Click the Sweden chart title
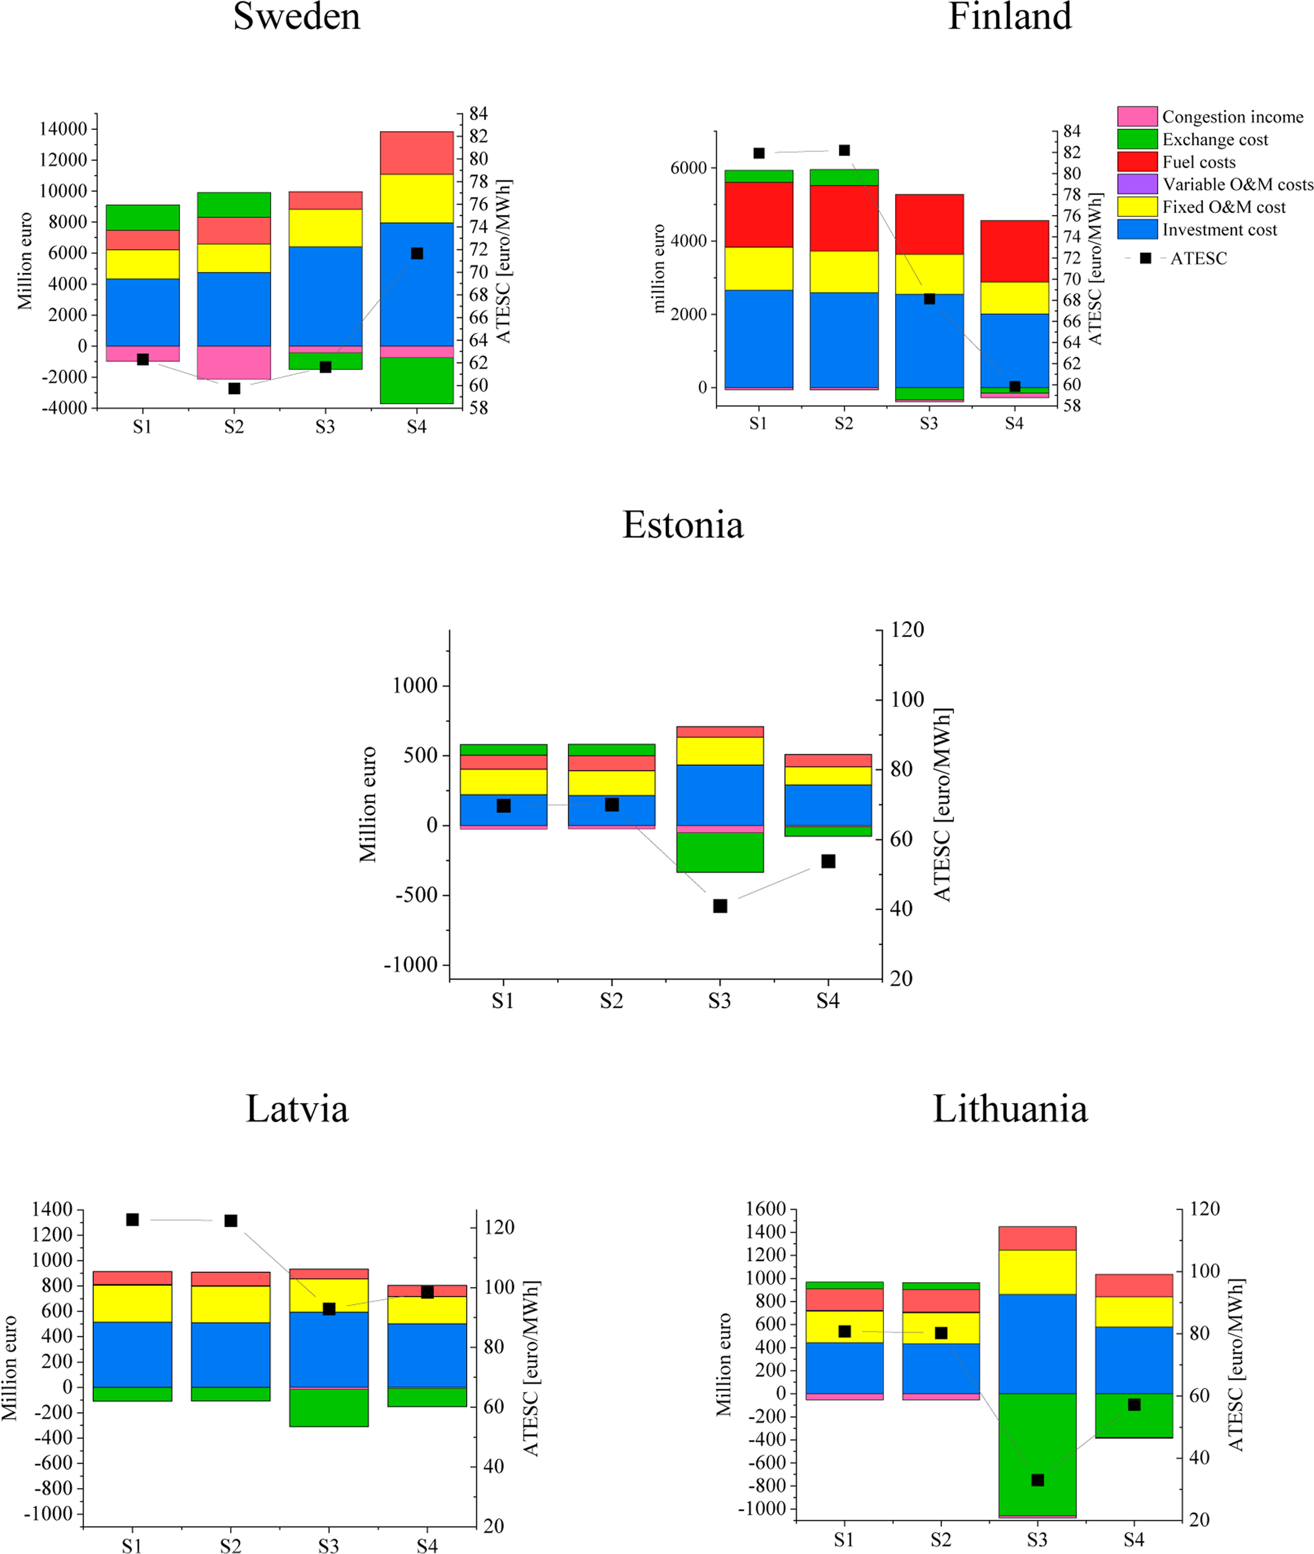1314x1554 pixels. tap(297, 16)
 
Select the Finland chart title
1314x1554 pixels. tap(1010, 16)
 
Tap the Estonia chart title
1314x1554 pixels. tap(682, 525)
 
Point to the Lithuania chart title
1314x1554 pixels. tap(1010, 1109)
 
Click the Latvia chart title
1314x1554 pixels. tap(297, 1109)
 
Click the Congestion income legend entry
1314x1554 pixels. tap(1232, 117)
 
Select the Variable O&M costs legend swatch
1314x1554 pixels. tap(1137, 184)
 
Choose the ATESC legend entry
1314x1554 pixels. tap(1198, 259)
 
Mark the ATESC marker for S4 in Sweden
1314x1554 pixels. tap(417, 254)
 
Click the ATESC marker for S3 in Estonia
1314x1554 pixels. tap(720, 906)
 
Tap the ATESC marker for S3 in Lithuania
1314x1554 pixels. tap(1037, 1480)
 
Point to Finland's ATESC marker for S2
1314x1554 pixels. tap(844, 150)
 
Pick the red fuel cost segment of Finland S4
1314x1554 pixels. tap(1015, 251)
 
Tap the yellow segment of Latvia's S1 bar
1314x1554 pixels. tap(132, 1303)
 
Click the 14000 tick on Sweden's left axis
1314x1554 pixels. tap(63, 129)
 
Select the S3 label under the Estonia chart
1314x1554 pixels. tap(720, 1001)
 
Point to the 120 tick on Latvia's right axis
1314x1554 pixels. tap(499, 1227)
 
